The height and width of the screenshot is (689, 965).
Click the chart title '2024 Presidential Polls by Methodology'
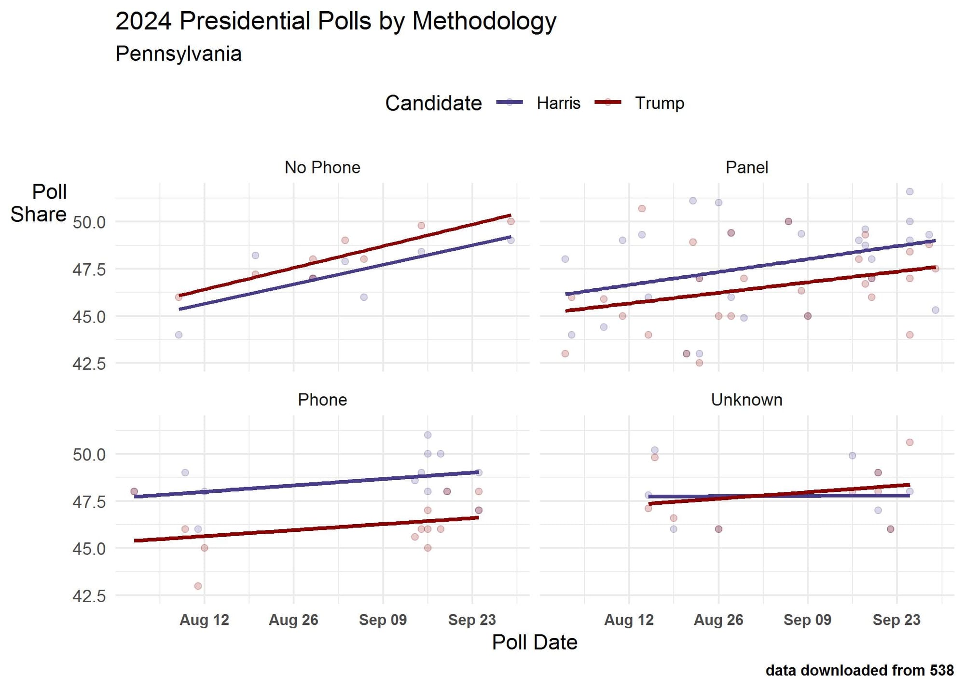click(x=336, y=22)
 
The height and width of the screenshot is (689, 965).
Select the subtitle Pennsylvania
click(x=179, y=54)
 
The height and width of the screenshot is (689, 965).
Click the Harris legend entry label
click(x=558, y=103)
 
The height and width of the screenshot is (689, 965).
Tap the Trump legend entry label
click(x=659, y=103)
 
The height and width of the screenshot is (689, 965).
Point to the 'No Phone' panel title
click(x=322, y=167)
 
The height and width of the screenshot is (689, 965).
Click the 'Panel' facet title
click(x=746, y=167)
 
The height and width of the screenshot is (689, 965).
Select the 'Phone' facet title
click(x=322, y=400)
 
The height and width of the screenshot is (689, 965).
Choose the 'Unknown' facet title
click(x=746, y=400)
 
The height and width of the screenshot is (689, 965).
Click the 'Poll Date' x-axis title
click(x=535, y=642)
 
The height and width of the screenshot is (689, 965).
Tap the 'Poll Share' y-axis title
click(x=39, y=203)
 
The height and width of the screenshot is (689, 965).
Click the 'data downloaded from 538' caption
click(x=859, y=670)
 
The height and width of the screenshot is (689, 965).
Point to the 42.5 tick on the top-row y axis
click(x=89, y=364)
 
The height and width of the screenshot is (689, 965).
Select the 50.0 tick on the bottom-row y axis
click(x=89, y=454)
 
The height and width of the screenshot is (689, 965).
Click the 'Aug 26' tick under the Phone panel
click(x=293, y=620)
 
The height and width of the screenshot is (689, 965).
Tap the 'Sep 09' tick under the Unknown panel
click(x=807, y=620)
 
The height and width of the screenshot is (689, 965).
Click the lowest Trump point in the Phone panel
click(x=198, y=586)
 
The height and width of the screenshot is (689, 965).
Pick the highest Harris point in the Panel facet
click(x=910, y=191)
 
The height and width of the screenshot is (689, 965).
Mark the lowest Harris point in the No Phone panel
click(x=179, y=335)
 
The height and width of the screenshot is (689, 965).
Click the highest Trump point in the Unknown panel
click(x=910, y=442)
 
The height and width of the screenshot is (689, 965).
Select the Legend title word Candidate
click(x=433, y=103)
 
